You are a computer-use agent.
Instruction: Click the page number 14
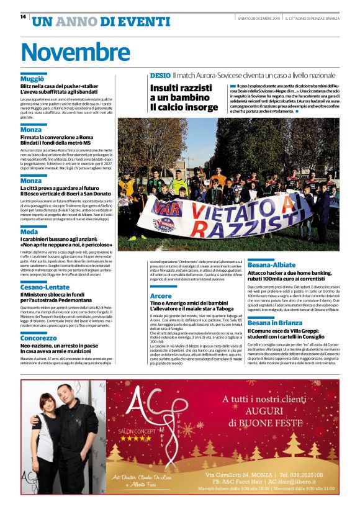coord(23,17)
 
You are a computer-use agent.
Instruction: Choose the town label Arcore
coord(161,296)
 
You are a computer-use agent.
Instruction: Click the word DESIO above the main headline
coord(160,76)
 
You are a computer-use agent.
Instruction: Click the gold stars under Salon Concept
coord(136,438)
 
